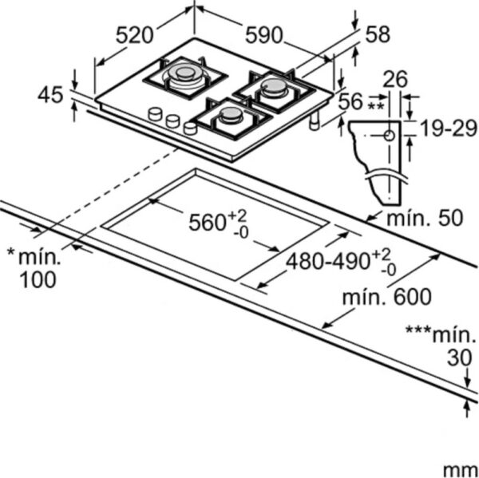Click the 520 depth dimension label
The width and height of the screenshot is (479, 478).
point(134,35)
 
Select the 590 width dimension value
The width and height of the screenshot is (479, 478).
point(264,35)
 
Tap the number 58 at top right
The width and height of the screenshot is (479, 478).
point(378,34)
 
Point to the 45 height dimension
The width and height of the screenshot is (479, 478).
point(50,95)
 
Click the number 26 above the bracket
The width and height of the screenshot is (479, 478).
point(395,80)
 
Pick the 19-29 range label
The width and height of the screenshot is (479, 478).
point(449,128)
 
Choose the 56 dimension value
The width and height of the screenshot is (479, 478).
point(350,101)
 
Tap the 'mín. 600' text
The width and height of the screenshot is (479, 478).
point(386,297)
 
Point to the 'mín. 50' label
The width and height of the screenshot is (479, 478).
point(425,218)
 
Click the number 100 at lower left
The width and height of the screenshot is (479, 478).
point(38,279)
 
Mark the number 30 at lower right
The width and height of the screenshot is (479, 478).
point(460,358)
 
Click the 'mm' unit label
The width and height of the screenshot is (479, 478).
point(461,469)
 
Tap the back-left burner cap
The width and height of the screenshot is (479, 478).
point(184,73)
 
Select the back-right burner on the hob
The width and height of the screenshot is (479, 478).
point(274,87)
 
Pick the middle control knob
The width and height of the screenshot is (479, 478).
point(172,121)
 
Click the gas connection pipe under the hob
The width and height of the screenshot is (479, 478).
point(315,120)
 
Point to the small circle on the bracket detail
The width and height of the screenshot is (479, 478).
point(390,135)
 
